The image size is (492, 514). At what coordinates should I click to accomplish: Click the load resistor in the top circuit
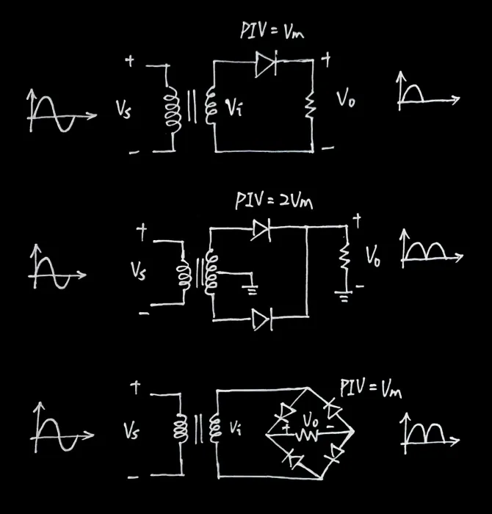311,106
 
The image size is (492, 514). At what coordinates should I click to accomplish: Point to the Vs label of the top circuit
123,109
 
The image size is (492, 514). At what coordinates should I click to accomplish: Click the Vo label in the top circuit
346,99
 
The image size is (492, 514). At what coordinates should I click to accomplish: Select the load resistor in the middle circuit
341,258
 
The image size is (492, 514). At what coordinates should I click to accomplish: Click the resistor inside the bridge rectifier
305,435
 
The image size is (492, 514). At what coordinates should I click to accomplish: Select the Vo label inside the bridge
312,421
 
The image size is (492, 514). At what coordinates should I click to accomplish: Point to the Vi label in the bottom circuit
236,425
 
